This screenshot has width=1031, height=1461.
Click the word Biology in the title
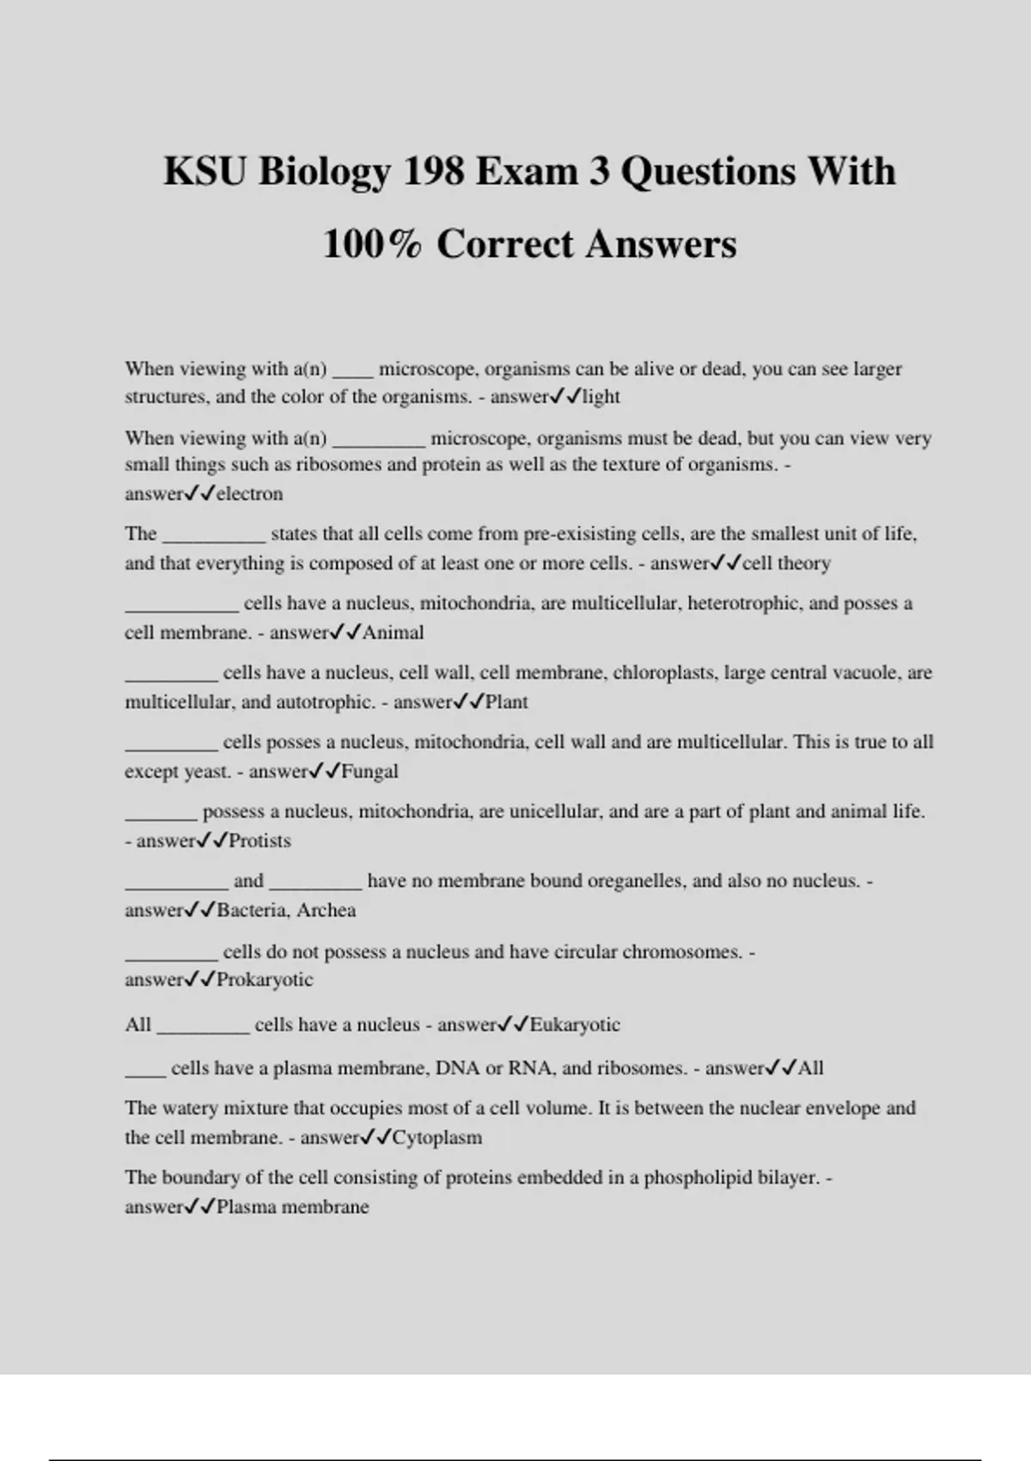(x=324, y=172)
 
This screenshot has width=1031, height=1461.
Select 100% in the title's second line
(x=372, y=244)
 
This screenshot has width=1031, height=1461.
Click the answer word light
(x=601, y=397)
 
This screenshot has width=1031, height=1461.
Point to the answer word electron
(x=249, y=494)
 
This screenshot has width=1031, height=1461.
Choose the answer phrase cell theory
(x=786, y=564)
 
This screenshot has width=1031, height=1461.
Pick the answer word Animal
(x=393, y=633)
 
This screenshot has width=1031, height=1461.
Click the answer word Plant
(x=507, y=702)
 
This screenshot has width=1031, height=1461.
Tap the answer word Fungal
(x=369, y=772)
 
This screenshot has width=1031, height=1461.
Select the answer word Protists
(x=259, y=841)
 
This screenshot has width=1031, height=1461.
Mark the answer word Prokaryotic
(x=265, y=980)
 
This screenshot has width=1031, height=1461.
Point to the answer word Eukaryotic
(x=575, y=1024)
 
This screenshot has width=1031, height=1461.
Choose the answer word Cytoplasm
(x=437, y=1138)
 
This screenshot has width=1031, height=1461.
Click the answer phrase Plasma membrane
(x=292, y=1207)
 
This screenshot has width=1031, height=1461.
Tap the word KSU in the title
(x=204, y=171)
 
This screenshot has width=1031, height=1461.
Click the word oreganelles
(x=632, y=881)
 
